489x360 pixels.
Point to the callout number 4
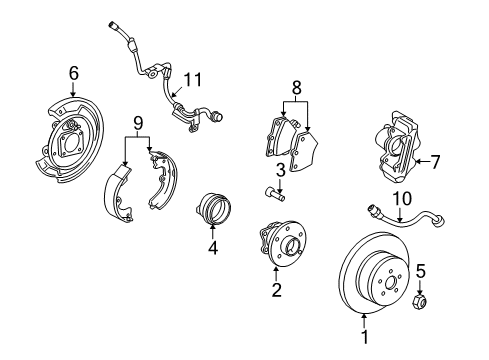[x=212, y=246]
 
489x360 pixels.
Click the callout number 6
[x=73, y=72]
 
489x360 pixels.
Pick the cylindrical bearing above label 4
[x=212, y=209]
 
